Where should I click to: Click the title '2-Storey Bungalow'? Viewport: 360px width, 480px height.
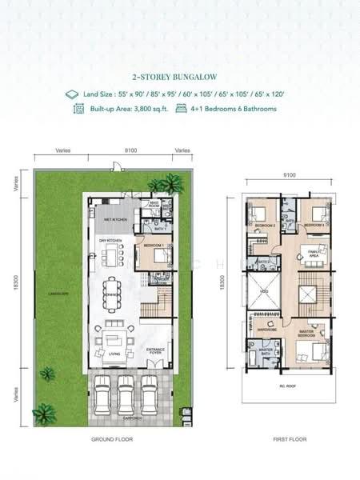click(x=179, y=78)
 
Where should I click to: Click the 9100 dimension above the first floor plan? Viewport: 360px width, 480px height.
click(x=289, y=175)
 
